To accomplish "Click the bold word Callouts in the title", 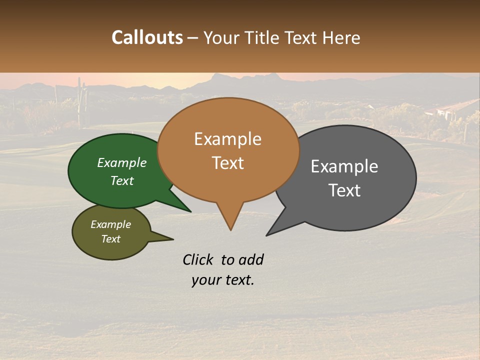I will pos(147,37).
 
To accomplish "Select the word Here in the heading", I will pos(340,37).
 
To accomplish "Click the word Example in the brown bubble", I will pos(227,139).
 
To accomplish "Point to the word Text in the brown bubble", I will pos(227,163).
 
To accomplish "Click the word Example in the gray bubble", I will pos(344,166).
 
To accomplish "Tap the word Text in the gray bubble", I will pos(344,190).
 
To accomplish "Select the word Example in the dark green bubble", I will pos(122,162).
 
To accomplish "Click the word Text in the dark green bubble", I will pos(122,180).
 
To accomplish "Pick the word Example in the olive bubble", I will pos(110,224).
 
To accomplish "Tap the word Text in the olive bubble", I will pos(110,239).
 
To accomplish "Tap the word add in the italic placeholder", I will pos(251,259).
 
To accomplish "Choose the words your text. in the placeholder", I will pos(222,280).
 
